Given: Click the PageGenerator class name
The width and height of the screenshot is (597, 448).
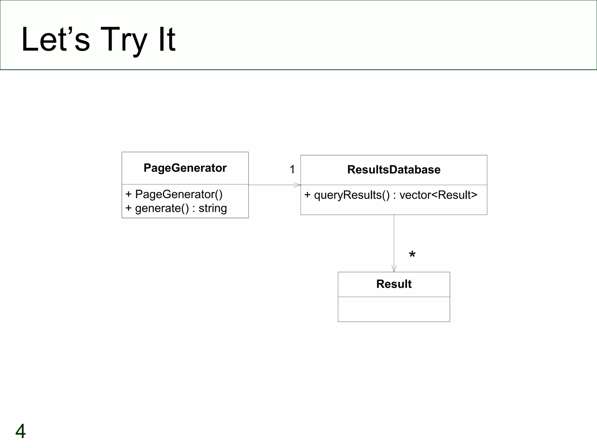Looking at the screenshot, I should point(185,168).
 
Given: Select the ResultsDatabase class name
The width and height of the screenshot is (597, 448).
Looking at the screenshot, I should point(394,170).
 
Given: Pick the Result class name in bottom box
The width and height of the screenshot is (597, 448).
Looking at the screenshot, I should point(394,284).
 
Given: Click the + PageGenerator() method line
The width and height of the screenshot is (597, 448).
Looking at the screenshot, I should point(174,194).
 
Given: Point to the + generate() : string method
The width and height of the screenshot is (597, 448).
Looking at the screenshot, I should point(176,208).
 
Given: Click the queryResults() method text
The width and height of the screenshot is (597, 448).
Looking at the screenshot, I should point(352,195).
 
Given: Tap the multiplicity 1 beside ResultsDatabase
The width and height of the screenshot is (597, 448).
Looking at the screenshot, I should point(292,169).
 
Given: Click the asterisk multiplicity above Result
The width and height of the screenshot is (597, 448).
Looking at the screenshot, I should point(412,255).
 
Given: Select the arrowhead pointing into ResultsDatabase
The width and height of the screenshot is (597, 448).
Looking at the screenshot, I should point(298,185).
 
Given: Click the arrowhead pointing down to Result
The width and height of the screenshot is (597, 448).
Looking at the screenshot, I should point(394,269).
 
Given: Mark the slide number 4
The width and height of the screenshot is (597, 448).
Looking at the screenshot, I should point(20,431).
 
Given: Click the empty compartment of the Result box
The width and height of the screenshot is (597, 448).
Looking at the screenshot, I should point(394,309).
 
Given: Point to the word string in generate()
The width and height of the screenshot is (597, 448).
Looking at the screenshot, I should point(213,208).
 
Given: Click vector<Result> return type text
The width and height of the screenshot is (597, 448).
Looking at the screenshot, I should point(438,195).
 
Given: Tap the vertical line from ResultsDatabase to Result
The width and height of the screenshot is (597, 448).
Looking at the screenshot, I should point(394,239).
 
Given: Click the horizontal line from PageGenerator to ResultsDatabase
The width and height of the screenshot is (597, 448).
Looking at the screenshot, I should point(271,185).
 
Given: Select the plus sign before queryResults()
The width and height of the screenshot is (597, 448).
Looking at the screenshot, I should point(307,195).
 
